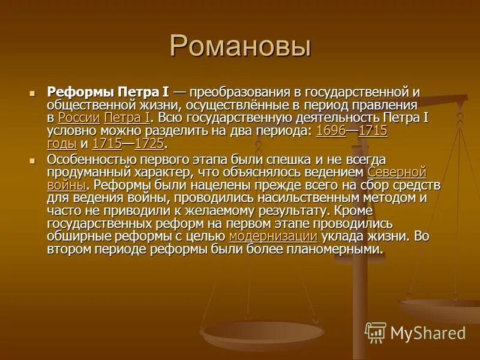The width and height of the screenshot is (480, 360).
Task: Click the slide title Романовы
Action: [x=239, y=46]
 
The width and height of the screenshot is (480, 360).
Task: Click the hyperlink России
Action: [x=78, y=118]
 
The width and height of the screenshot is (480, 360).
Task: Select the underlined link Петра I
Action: [x=128, y=118]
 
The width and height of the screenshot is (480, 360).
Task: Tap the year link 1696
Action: [x=331, y=131]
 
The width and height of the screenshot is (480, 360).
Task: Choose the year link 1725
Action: [x=149, y=144]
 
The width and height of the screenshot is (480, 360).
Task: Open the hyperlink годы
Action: [x=61, y=144]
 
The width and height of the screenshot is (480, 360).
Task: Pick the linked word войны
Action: [x=66, y=185]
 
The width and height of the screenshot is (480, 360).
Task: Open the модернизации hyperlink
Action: [x=272, y=236]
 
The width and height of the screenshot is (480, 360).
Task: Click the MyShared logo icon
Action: [x=376, y=332]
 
